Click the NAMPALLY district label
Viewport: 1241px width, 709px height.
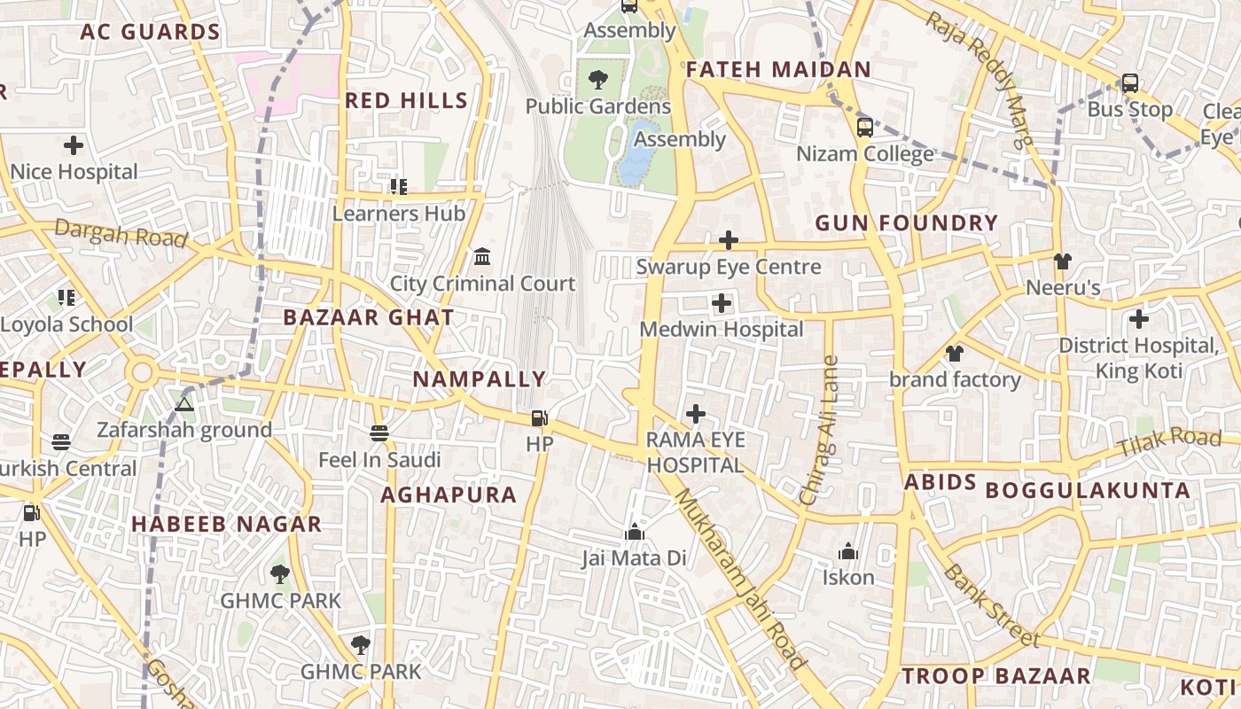(479, 379)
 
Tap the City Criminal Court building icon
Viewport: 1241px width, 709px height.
(482, 257)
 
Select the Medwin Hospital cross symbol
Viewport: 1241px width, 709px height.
(722, 304)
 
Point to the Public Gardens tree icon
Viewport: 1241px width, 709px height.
(598, 80)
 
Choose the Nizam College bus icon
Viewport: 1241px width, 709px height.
(865, 127)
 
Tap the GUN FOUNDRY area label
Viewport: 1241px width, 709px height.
(906, 223)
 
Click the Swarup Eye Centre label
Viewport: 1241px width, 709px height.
(729, 267)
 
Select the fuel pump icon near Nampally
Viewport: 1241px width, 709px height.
(539, 418)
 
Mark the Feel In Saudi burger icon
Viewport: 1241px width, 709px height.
(379, 433)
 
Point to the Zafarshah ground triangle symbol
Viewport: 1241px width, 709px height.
(184, 404)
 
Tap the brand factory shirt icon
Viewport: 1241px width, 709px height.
(954, 354)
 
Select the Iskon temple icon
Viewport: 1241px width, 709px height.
(848, 552)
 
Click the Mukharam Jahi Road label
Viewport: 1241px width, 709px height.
(741, 580)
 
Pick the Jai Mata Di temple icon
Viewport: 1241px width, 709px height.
(634, 532)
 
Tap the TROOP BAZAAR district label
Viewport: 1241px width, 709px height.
(995, 676)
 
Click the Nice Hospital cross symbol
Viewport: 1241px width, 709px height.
(74, 144)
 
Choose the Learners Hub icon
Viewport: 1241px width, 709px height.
(399, 187)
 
